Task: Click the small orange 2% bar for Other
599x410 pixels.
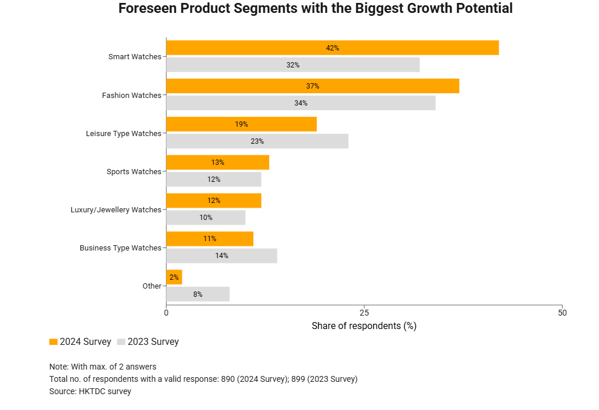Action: [x=174, y=277]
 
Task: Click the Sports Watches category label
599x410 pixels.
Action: [x=134, y=172]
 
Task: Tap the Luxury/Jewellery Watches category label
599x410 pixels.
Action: [x=116, y=210]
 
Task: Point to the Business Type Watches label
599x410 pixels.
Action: [x=120, y=248]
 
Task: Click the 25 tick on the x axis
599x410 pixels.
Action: [x=364, y=313]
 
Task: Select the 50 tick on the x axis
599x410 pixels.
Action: [x=562, y=313]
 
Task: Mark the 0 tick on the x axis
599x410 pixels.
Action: [x=167, y=313]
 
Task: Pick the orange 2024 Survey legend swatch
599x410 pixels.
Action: [x=53, y=342]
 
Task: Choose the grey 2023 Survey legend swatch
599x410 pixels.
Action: [x=121, y=342]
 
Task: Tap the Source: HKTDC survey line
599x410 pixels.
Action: [x=90, y=391]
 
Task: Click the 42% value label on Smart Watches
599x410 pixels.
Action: [x=333, y=48]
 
